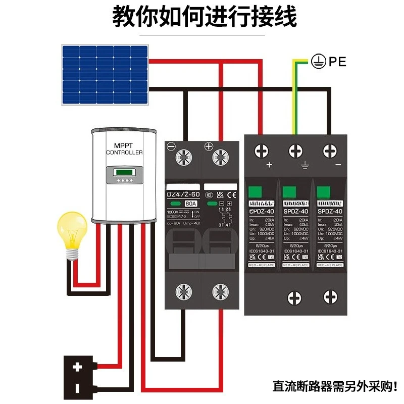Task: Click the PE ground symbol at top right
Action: pos(317,62)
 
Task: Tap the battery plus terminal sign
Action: pos(77,368)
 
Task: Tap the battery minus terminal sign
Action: pos(77,387)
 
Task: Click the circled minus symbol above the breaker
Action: pos(171,147)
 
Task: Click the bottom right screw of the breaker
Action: pos(219,291)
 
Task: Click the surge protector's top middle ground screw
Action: pos(295,151)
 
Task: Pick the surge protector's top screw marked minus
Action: pos(329,151)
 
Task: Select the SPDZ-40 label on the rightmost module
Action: pos(331,212)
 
